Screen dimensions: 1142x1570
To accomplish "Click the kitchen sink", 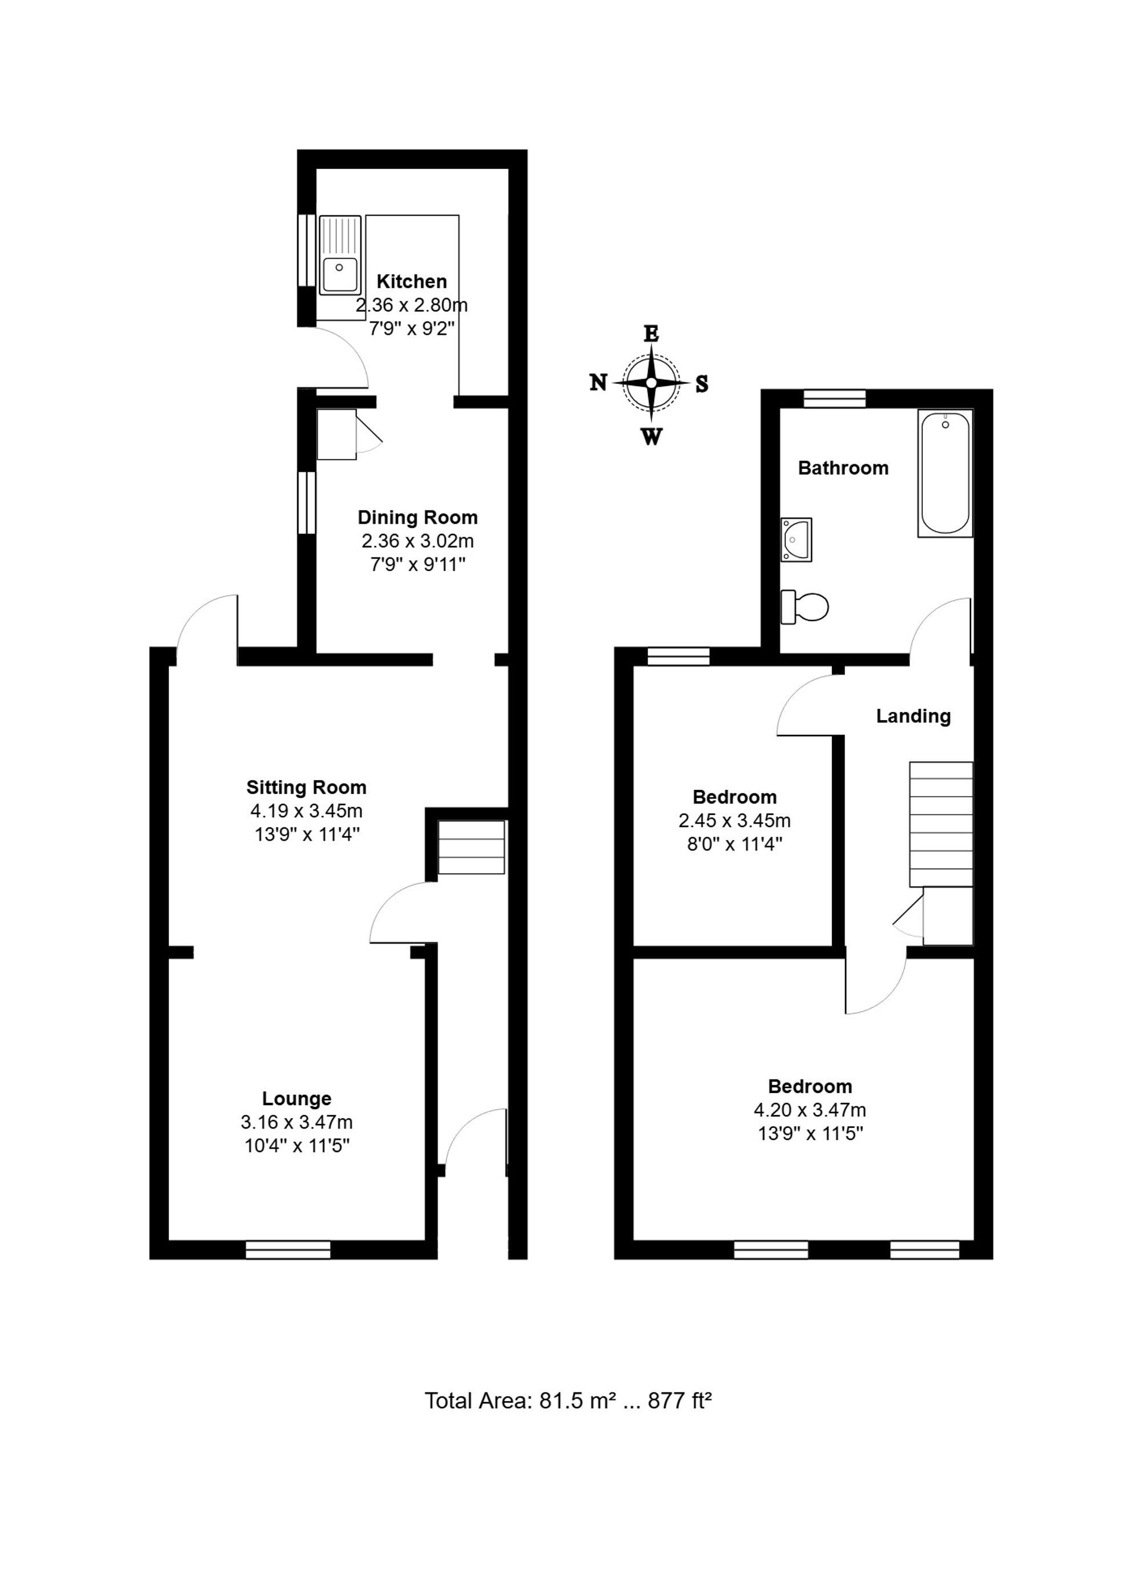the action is (340, 255).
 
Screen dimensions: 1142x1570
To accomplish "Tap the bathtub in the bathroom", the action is (945, 473).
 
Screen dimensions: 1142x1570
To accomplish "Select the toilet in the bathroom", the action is (804, 607).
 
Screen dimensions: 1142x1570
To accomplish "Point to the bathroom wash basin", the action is (796, 539).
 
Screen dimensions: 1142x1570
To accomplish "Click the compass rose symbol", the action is (650, 383).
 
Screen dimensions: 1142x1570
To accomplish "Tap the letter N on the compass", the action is (598, 382).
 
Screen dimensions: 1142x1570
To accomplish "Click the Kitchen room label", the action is (412, 282).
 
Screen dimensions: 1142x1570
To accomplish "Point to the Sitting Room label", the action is (307, 787).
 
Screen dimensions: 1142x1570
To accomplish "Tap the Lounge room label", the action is (296, 1099).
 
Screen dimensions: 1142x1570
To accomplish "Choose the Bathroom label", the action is (843, 468).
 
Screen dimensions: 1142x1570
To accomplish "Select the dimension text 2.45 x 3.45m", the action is (734, 821).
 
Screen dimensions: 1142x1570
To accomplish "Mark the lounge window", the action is (288, 1250).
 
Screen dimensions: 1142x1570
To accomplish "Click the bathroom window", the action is (835, 399).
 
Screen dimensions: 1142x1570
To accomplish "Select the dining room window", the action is (306, 503).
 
